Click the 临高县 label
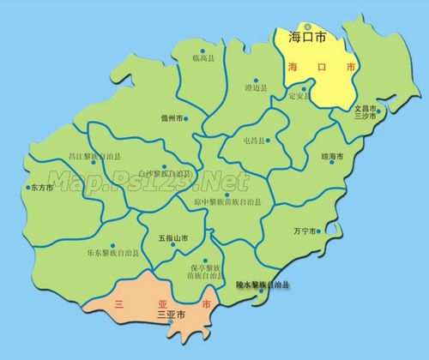click(204, 57)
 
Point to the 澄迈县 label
click(256, 88)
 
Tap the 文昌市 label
click(366, 109)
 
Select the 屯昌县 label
click(255, 140)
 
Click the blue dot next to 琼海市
click(346, 156)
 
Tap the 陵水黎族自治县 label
click(263, 283)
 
